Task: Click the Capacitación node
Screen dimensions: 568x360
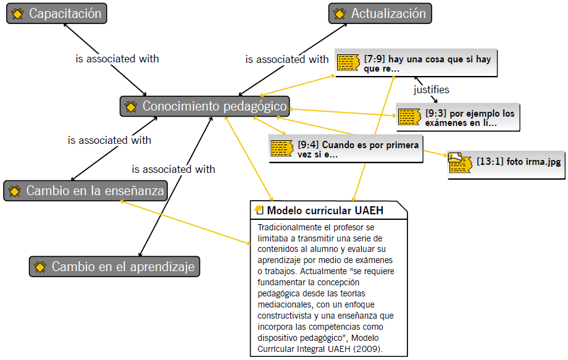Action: coord(57,14)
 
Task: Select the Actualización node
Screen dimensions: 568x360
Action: coord(380,14)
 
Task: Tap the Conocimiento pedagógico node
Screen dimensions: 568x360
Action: coord(205,106)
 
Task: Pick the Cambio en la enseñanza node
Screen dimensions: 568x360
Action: coord(85,191)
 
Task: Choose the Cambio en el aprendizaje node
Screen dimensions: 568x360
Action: coord(114,267)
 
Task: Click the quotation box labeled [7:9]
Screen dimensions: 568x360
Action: coord(416,63)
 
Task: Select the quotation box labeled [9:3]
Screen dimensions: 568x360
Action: coord(458,117)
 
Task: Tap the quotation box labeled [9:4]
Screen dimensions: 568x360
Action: coord(346,149)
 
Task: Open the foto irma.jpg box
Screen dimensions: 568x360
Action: coord(506,165)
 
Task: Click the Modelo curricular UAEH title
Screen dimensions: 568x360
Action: coord(325,211)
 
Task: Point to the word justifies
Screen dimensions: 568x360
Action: coord(432,90)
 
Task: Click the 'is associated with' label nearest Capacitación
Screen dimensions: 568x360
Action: coord(117,59)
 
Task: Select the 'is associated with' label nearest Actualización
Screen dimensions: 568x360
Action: coord(287,59)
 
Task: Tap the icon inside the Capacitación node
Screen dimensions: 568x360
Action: coord(17,14)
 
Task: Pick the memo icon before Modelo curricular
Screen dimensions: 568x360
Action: coord(259,210)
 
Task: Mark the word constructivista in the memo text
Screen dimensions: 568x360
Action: coord(285,316)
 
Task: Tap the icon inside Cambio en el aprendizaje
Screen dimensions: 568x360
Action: coord(40,267)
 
